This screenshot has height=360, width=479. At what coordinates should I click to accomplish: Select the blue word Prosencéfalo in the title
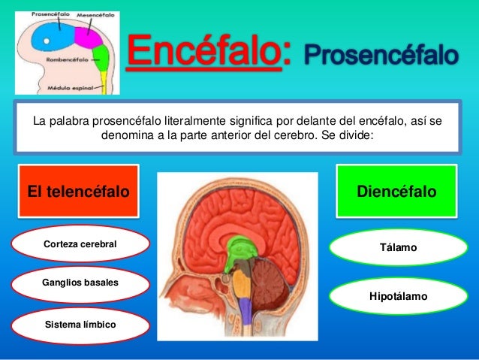pos(381,55)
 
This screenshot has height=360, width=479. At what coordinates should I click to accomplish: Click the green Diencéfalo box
pos(396,192)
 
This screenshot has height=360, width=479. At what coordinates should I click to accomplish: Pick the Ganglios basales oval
pos(80,283)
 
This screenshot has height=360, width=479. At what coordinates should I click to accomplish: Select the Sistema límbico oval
pos(80,325)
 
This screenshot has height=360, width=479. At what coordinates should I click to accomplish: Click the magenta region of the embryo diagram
pos(94,35)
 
